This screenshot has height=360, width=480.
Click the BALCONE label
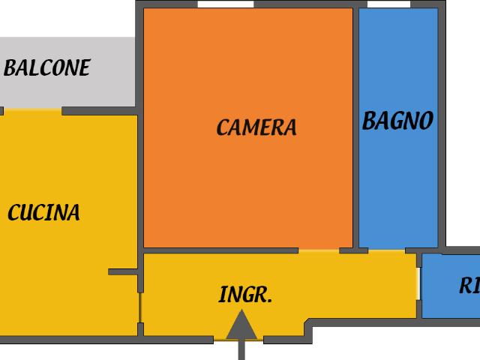click(46, 67)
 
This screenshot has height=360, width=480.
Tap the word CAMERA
click(256, 127)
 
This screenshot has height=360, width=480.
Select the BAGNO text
click(397, 121)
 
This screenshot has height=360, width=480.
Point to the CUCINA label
click(43, 212)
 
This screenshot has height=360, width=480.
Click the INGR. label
click(245, 294)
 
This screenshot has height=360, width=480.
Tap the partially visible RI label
click(469, 286)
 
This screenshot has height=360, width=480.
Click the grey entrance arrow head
click(241, 325)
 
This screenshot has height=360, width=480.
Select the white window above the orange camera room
click(226, 4)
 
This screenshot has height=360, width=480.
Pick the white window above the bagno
click(388, 4)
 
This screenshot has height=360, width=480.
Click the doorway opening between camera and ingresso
click(319, 251)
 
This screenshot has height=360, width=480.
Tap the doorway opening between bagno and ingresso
click(387, 251)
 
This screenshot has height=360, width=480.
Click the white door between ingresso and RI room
click(418, 283)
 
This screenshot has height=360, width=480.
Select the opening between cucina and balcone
click(32, 110)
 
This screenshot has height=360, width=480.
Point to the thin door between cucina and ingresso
click(140, 307)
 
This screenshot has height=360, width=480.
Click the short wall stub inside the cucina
click(123, 271)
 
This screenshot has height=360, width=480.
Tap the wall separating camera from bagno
click(355, 127)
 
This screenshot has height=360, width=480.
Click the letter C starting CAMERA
click(222, 127)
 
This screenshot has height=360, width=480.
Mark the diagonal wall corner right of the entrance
click(307, 322)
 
